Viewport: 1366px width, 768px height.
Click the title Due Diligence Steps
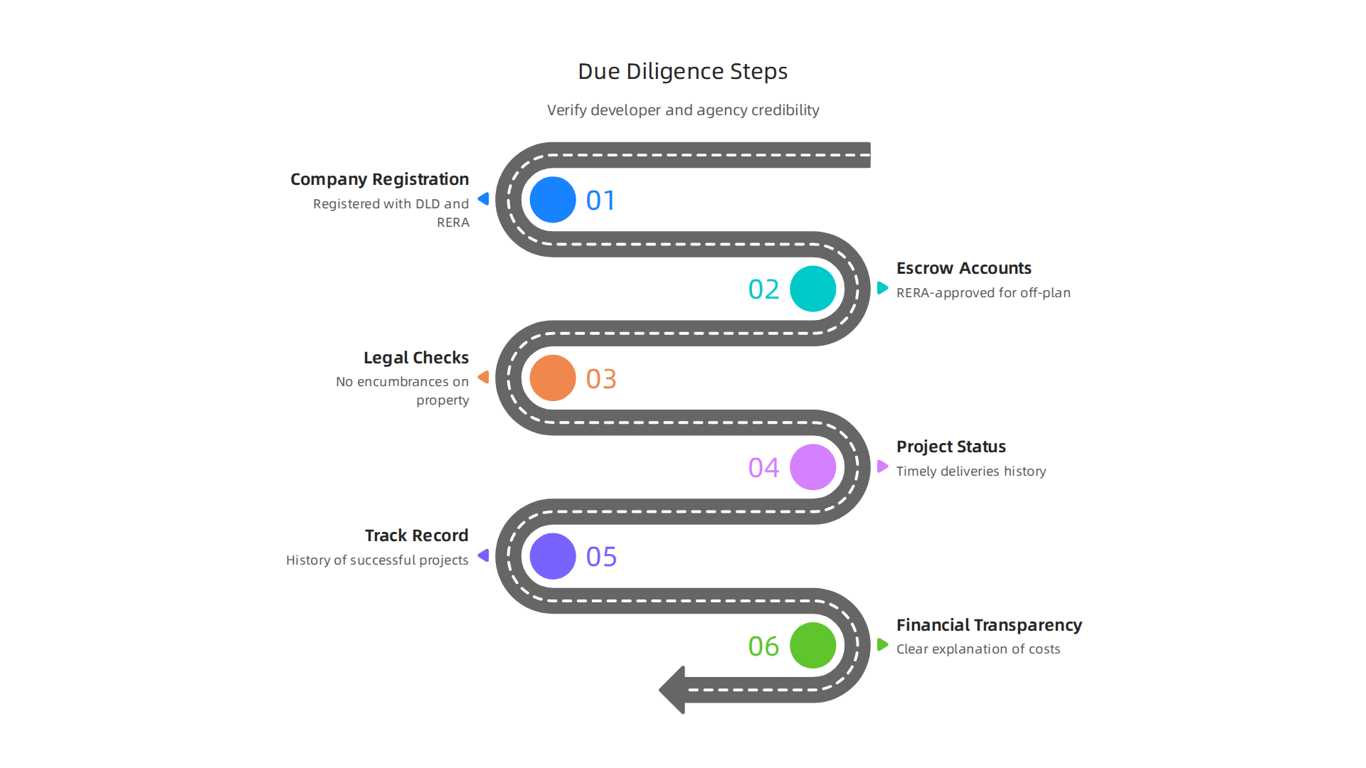pyautogui.click(x=683, y=72)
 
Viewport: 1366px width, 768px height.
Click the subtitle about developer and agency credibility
pyautogui.click(x=683, y=110)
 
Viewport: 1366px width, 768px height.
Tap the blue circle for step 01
pyautogui.click(x=553, y=200)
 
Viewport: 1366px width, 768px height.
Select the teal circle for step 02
pyautogui.click(x=813, y=289)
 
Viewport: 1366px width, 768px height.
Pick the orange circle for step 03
pyautogui.click(x=553, y=378)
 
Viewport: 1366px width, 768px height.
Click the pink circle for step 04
pyautogui.click(x=813, y=467)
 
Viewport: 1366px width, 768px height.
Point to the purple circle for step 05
pyautogui.click(x=553, y=556)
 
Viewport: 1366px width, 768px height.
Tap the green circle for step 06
pyautogui.click(x=813, y=646)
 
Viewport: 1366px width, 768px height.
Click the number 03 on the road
pyautogui.click(x=601, y=379)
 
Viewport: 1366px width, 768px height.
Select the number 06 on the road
pyautogui.click(x=763, y=646)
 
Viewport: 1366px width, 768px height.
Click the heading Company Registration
pyautogui.click(x=380, y=179)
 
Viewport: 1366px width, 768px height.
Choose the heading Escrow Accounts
pyautogui.click(x=964, y=268)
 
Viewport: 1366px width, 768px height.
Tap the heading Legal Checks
pyautogui.click(x=416, y=358)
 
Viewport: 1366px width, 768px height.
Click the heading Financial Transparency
pyautogui.click(x=989, y=625)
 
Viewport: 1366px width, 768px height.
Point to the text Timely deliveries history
pyautogui.click(x=971, y=471)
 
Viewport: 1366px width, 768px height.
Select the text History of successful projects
pyautogui.click(x=377, y=560)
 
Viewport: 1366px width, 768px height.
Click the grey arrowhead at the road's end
pyautogui.click(x=672, y=690)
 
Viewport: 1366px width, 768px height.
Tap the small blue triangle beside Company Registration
pyautogui.click(x=484, y=199)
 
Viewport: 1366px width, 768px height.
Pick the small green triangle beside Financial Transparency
pyautogui.click(x=883, y=645)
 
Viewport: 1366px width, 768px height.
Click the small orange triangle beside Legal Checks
pyautogui.click(x=484, y=377)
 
